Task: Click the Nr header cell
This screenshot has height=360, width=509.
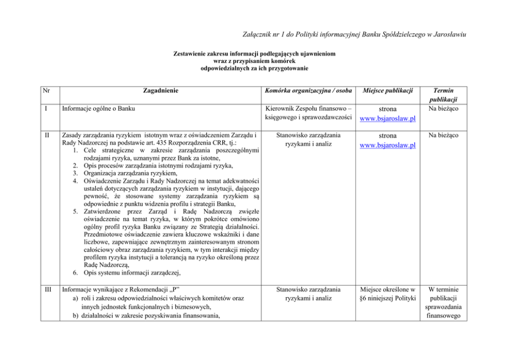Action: coord(47,90)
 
